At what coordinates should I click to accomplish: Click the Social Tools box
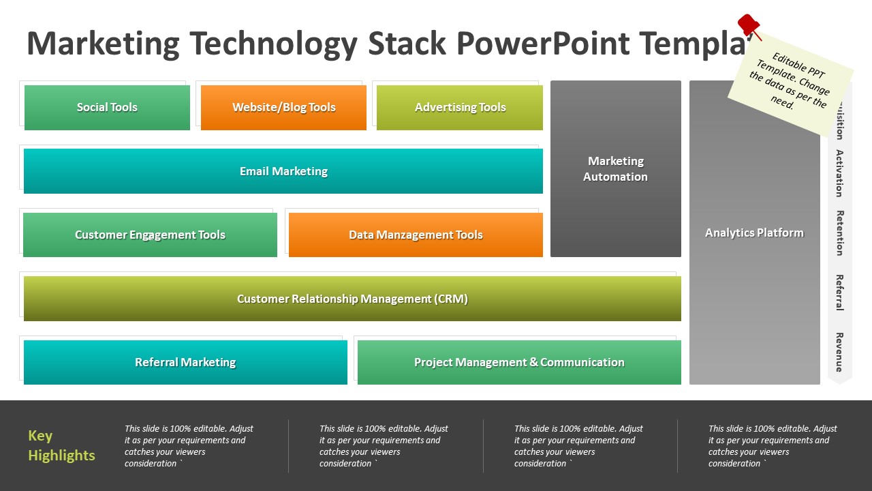[x=107, y=107]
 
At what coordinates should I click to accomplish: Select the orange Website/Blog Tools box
[x=283, y=107]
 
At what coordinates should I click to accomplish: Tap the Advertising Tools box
[x=460, y=107]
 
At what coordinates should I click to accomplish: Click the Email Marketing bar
[x=283, y=171]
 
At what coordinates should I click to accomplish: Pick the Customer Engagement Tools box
[x=150, y=235]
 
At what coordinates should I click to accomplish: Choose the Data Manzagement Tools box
[x=416, y=235]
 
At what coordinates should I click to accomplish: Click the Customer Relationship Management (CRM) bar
[x=352, y=299]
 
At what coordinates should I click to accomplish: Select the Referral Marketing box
[x=185, y=362]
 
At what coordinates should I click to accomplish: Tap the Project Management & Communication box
[x=519, y=362]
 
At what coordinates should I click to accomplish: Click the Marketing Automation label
[x=616, y=168]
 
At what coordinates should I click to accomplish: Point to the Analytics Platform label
[x=754, y=233]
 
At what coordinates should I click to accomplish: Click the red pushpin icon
[x=749, y=26]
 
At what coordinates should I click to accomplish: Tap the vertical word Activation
[x=840, y=173]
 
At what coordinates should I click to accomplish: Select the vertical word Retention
[x=840, y=233]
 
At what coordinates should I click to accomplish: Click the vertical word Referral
[x=840, y=292]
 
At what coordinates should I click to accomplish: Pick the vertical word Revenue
[x=840, y=352]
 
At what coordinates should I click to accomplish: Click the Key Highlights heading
[x=61, y=445]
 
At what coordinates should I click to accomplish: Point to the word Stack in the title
[x=407, y=44]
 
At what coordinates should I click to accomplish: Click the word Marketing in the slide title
[x=103, y=44]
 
